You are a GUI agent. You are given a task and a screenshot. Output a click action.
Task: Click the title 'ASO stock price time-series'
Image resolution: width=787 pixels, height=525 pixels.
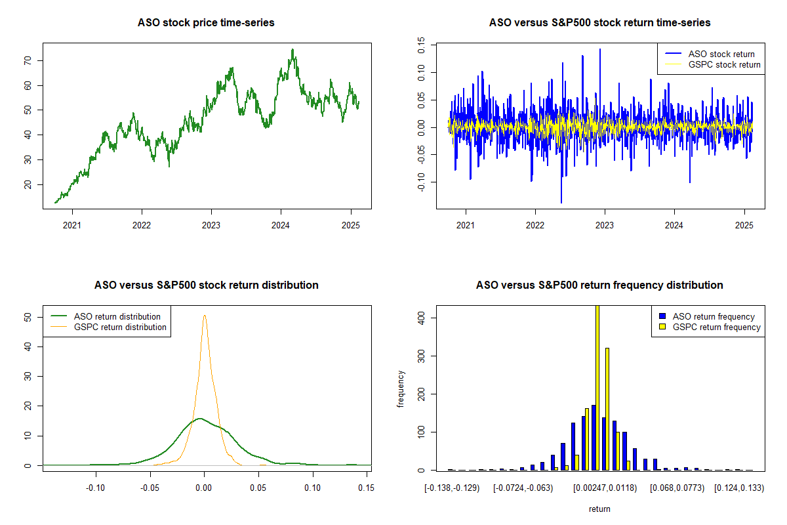[206, 23]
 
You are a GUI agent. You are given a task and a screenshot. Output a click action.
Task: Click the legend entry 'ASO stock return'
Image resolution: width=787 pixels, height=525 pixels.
[721, 54]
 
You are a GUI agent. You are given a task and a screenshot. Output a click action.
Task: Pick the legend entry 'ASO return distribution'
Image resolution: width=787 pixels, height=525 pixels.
[117, 316]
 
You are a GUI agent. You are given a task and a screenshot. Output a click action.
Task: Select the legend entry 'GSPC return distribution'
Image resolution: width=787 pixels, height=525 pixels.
[120, 327]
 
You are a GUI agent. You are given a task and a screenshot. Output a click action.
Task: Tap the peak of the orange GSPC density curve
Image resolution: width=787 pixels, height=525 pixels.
[205, 316]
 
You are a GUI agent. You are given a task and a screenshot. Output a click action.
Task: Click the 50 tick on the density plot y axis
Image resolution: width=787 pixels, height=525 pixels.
[27, 317]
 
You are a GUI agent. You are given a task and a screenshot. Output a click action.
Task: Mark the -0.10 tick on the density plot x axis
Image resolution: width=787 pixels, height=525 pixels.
[96, 488]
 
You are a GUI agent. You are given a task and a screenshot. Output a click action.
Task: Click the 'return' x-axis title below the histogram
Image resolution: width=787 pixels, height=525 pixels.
[599, 509]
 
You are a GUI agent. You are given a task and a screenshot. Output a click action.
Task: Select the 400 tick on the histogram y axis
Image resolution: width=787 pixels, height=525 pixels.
[420, 317]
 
